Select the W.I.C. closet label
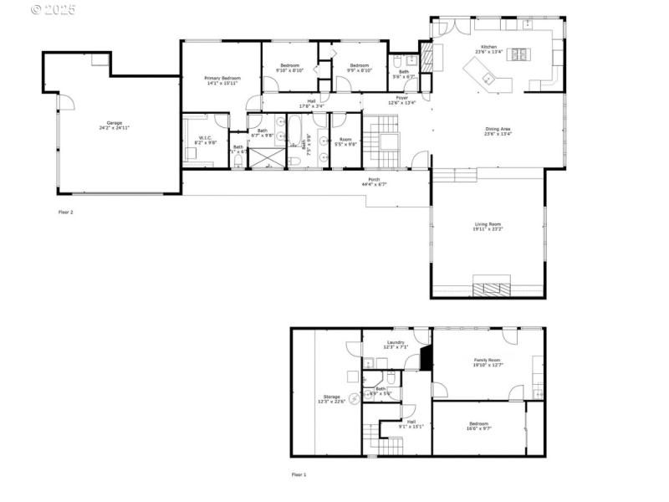point(205,141)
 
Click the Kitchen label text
point(488,48)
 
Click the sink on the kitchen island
point(487,79)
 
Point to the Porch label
point(374,181)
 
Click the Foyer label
point(402,99)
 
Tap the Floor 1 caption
point(299,474)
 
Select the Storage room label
point(332,398)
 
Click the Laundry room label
point(396,343)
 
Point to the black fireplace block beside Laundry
point(426,358)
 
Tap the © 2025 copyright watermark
point(53,10)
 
